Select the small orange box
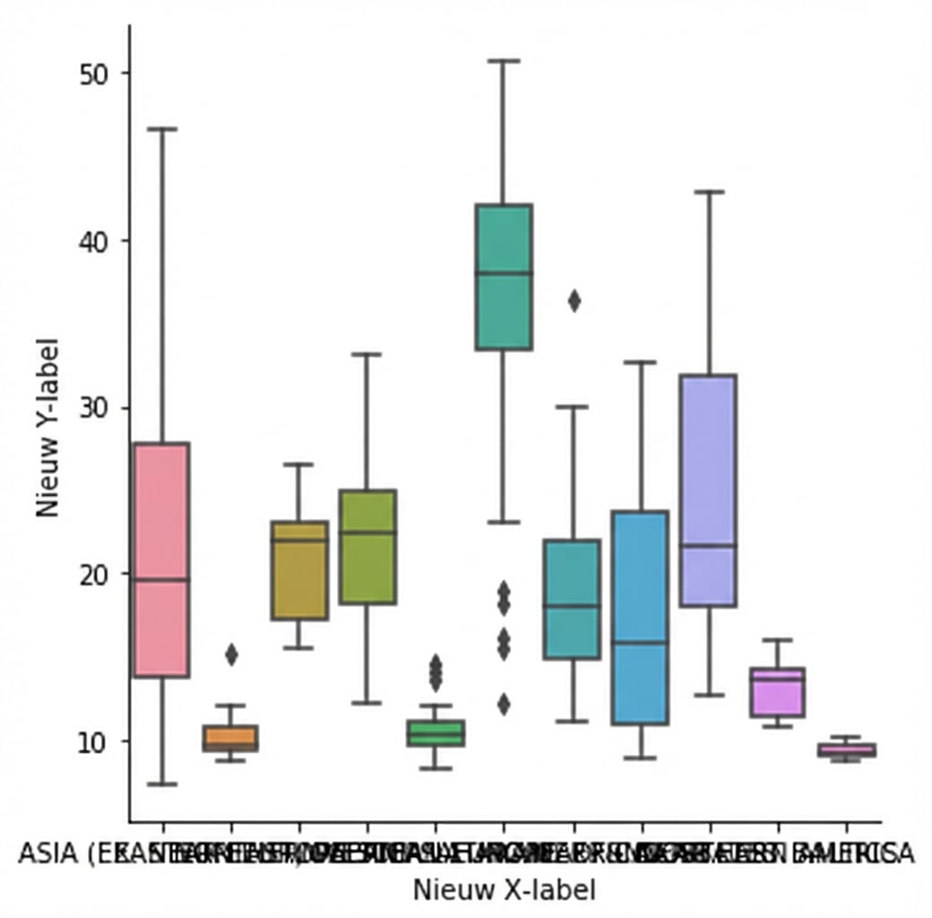pyautogui.click(x=230, y=738)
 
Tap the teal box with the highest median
pyautogui.click(x=504, y=277)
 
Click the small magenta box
pyautogui.click(x=777, y=692)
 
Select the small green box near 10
pyautogui.click(x=436, y=733)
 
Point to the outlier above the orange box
pyautogui.click(x=231, y=655)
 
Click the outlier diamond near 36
pyautogui.click(x=574, y=301)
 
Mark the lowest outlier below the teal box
pyautogui.click(x=504, y=705)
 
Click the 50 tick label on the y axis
pyautogui.click(x=91, y=73)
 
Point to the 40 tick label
pyautogui.click(x=91, y=240)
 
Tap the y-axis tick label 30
pyautogui.click(x=91, y=408)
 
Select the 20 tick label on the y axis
pyautogui.click(x=91, y=575)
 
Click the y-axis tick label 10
pyautogui.click(x=91, y=742)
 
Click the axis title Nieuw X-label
pyautogui.click(x=504, y=890)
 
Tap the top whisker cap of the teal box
pyautogui.click(x=504, y=61)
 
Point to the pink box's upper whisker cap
pyautogui.click(x=162, y=129)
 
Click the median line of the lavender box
pyautogui.click(x=709, y=545)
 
